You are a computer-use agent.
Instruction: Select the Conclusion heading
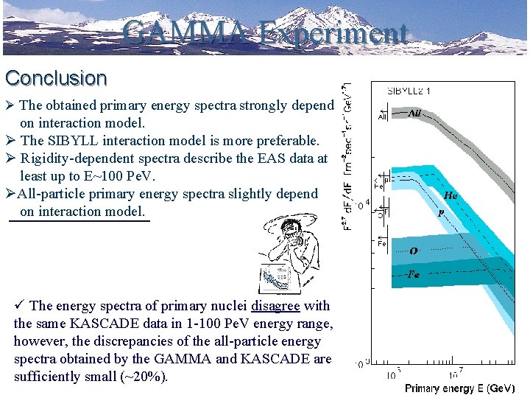[56, 78]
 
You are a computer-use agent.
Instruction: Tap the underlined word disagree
[275, 306]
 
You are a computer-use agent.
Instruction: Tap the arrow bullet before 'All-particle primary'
[10, 194]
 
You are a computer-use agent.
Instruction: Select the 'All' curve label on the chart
[414, 114]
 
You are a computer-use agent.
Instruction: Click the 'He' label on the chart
[451, 195]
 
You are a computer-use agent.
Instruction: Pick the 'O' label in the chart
[414, 251]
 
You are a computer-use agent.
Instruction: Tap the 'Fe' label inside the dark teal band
[414, 273]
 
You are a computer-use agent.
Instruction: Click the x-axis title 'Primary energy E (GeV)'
[459, 388]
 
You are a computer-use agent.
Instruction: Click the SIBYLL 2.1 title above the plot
[409, 91]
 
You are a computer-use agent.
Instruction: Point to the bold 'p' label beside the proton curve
[441, 212]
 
